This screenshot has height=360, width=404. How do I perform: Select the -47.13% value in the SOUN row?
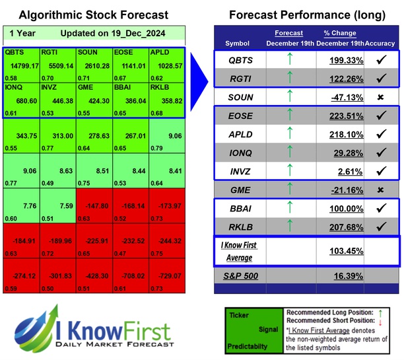[345, 97]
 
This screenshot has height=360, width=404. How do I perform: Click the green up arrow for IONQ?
[289, 155]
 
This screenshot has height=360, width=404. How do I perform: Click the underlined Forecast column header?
[289, 32]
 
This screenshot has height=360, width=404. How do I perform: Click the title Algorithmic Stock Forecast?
[93, 15]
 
